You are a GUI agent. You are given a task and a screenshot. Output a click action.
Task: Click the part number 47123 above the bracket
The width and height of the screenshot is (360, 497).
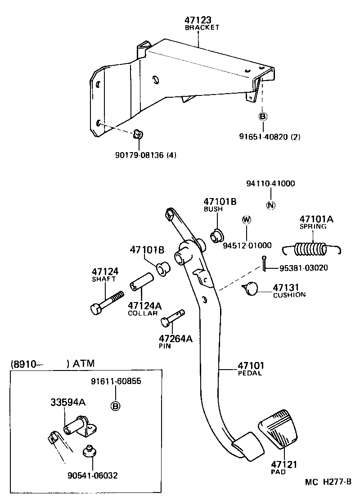(x=198, y=20)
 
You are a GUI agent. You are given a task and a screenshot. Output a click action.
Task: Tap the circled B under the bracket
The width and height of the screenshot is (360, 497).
(x=263, y=116)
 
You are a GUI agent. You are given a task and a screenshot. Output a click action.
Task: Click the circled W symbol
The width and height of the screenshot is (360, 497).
(x=246, y=220)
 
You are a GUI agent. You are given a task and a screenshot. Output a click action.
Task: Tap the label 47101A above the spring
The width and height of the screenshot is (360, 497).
(x=316, y=219)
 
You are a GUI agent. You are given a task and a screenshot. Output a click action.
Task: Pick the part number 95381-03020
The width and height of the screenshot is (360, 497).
(x=303, y=268)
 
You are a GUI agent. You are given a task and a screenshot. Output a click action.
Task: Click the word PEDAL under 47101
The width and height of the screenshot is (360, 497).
(x=250, y=373)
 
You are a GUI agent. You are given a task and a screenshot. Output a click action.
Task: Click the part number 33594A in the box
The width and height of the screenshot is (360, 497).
(x=67, y=402)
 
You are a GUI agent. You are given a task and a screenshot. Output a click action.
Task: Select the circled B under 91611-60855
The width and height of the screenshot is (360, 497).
(x=116, y=406)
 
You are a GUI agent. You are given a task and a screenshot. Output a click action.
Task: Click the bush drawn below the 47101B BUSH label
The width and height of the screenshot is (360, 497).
(x=217, y=235)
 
